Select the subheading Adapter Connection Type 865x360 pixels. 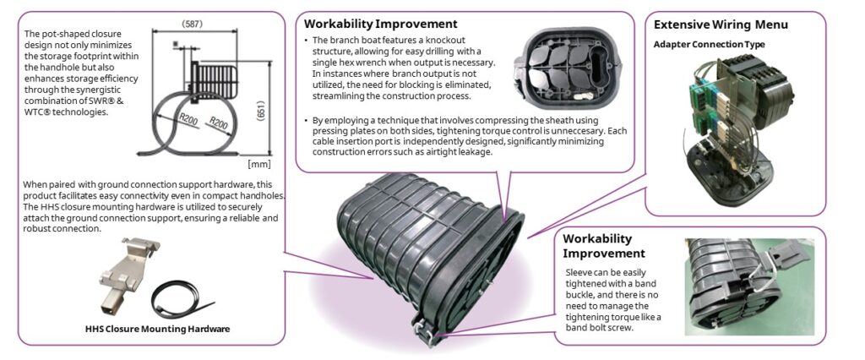710,43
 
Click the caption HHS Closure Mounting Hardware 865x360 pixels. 157,329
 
